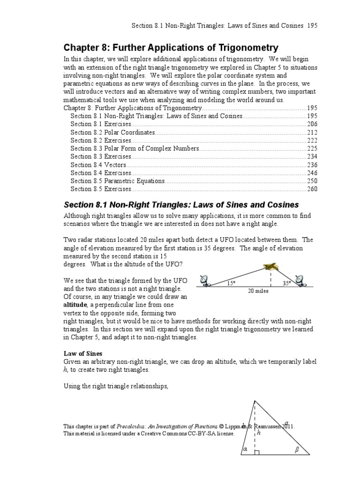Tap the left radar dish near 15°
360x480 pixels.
[x=205, y=281]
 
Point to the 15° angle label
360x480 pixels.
[x=230, y=283]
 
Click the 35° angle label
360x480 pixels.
[x=287, y=283]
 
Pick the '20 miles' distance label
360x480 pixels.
[x=258, y=291]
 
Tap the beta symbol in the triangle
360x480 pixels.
[x=296, y=449]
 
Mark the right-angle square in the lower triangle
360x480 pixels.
[x=256, y=452]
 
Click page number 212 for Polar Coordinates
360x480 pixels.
[x=312, y=132]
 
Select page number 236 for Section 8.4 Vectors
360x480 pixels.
[x=312, y=165]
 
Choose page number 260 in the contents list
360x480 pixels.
[x=312, y=189]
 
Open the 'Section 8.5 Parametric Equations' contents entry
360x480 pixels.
[x=118, y=181]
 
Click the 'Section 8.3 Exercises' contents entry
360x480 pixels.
[x=101, y=157]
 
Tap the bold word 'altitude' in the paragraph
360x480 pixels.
[x=75, y=305]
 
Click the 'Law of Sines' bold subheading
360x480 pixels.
[x=83, y=353]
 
